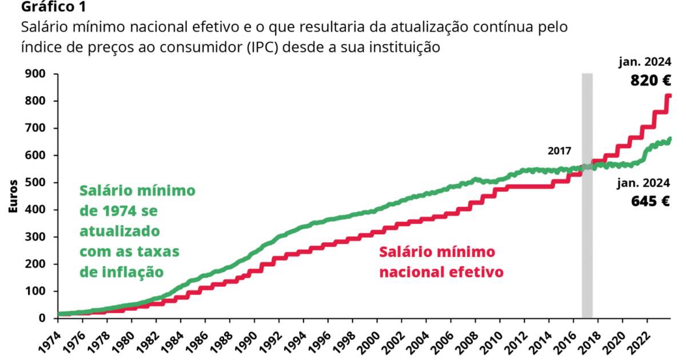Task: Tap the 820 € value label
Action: (x=651, y=81)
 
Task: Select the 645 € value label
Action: (x=651, y=201)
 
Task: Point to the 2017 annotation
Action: (x=559, y=151)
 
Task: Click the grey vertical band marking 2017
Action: (x=587, y=229)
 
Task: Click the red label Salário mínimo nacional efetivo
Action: (x=441, y=262)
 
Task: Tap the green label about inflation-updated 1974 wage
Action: (x=137, y=231)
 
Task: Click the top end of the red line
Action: (x=668, y=96)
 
